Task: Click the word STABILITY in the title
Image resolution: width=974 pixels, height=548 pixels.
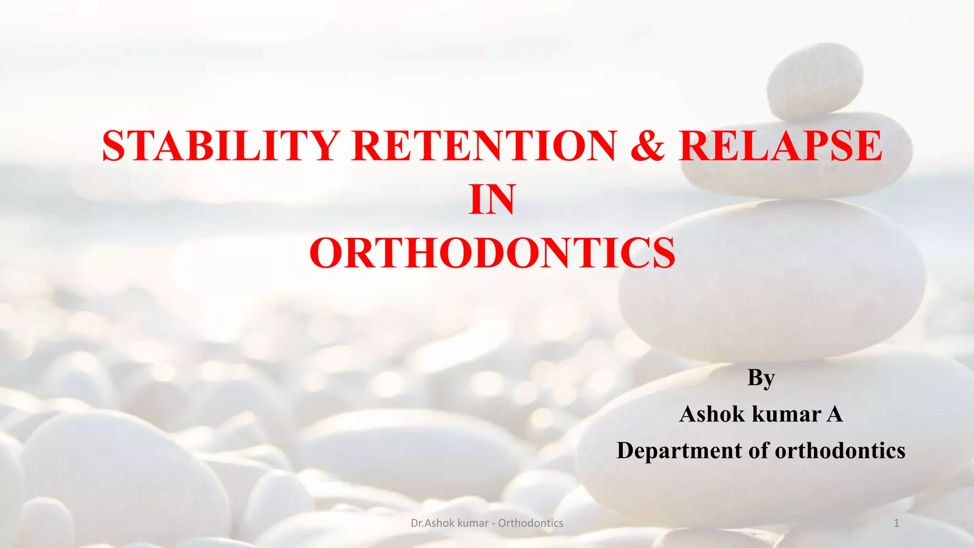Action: (x=220, y=146)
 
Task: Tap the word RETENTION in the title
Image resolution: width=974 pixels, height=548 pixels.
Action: (x=484, y=146)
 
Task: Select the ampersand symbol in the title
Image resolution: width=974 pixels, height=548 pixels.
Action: (x=648, y=146)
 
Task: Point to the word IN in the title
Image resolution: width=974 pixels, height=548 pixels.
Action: (x=492, y=200)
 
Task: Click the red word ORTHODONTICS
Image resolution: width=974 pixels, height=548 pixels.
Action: (x=492, y=253)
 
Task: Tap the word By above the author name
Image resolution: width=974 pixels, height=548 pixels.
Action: (x=761, y=379)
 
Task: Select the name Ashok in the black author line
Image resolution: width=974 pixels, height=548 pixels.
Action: (x=711, y=414)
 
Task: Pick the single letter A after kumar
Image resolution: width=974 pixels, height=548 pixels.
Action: (x=835, y=414)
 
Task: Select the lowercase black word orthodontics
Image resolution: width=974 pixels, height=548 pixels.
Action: (x=840, y=450)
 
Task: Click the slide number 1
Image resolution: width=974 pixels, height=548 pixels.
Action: (x=896, y=523)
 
